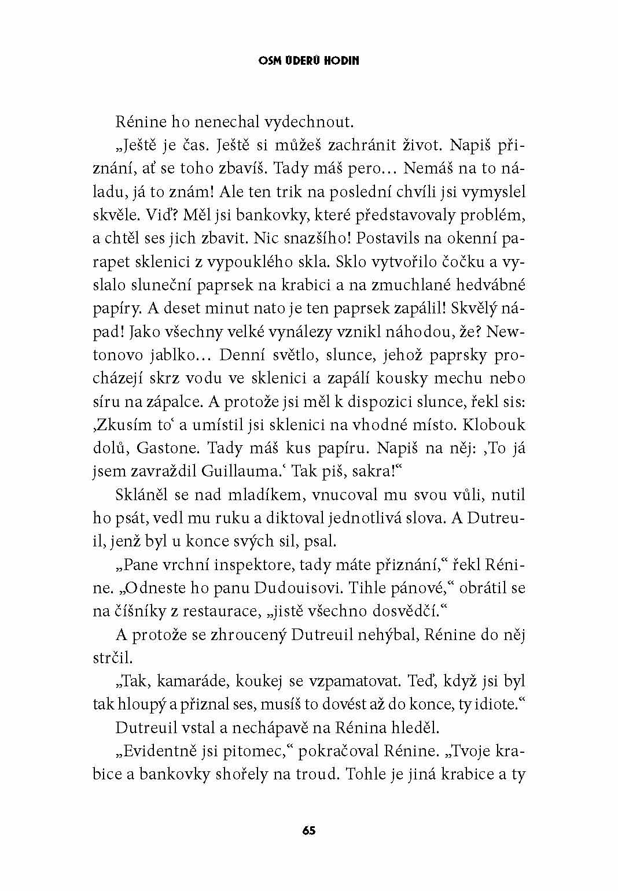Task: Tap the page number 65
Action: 309,830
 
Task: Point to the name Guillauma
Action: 242,471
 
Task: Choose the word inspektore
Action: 269,564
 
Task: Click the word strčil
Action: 113,657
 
